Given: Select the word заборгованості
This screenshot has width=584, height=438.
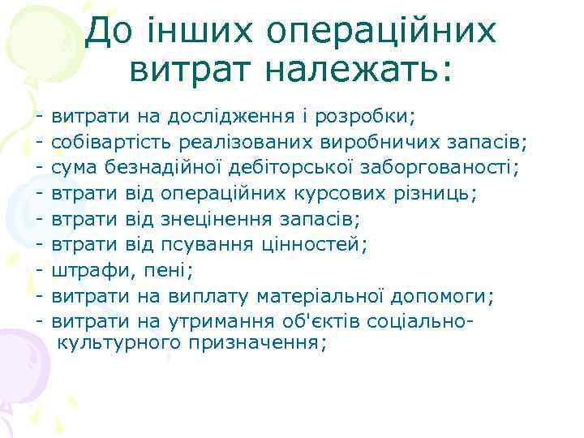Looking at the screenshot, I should [x=444, y=169].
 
